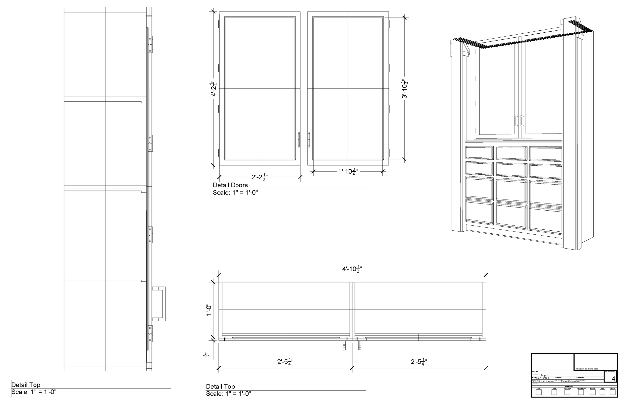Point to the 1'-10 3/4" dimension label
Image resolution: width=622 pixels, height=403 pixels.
(x=348, y=171)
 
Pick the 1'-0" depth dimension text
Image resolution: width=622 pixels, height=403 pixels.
(x=208, y=310)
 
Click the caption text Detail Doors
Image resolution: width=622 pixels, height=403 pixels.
(x=230, y=185)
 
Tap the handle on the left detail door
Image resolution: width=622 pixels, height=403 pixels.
(x=299, y=139)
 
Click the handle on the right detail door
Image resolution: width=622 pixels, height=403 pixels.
(x=309, y=139)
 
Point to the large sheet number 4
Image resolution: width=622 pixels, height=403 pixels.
(x=613, y=379)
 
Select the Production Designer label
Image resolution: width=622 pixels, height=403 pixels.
(x=586, y=369)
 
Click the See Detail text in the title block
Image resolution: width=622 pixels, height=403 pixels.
(x=542, y=378)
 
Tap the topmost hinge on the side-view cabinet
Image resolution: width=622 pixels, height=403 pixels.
(x=150, y=44)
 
